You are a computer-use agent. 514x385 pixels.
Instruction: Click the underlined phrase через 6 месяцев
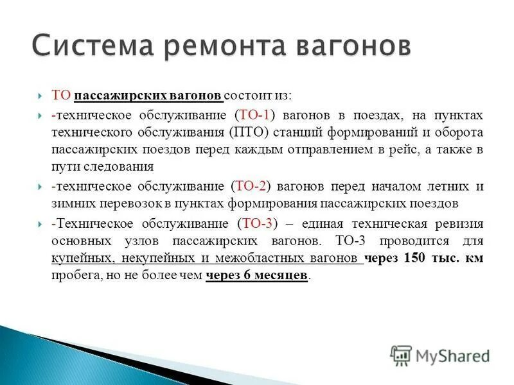click(x=257, y=276)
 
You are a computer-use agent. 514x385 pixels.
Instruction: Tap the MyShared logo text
click(x=452, y=355)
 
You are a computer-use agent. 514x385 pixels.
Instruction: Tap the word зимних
click(x=70, y=203)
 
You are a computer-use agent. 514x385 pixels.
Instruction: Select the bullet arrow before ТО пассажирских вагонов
click(x=39, y=96)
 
